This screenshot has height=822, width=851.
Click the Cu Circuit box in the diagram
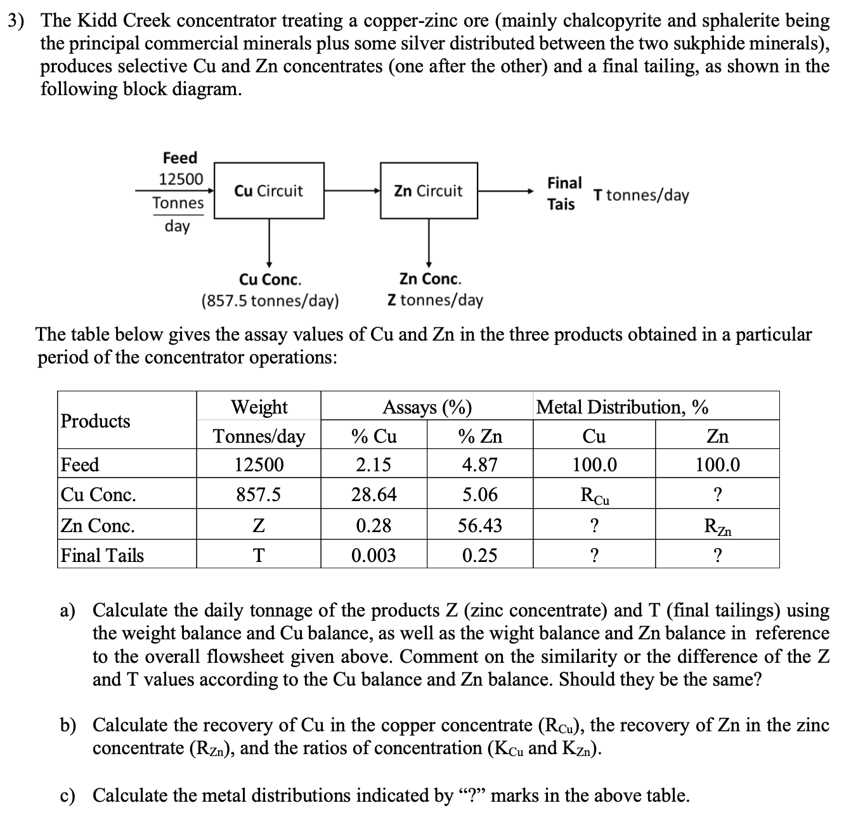coord(268,190)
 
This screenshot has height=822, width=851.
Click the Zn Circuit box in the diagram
coord(428,190)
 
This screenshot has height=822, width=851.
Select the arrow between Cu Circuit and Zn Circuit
coord(352,190)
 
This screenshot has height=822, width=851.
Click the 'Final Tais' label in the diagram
coord(564,193)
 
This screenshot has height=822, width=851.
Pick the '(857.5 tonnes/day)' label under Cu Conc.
coord(270,300)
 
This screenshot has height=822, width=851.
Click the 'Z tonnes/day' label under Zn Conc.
coord(434,299)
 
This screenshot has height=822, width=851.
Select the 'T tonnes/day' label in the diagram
coord(640,195)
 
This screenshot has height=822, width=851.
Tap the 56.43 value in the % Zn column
coord(479,525)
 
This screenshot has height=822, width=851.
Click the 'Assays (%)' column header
coord(427,407)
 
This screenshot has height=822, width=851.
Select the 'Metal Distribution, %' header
coord(622,407)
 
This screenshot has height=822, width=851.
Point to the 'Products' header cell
coord(95,421)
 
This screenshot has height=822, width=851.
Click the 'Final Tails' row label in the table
coord(102,556)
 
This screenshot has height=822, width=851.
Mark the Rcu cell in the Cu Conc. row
coord(594,495)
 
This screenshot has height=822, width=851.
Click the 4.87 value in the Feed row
coord(479,465)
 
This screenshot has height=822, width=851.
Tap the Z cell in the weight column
coord(258,525)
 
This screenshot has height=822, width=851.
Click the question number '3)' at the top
coord(18,21)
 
